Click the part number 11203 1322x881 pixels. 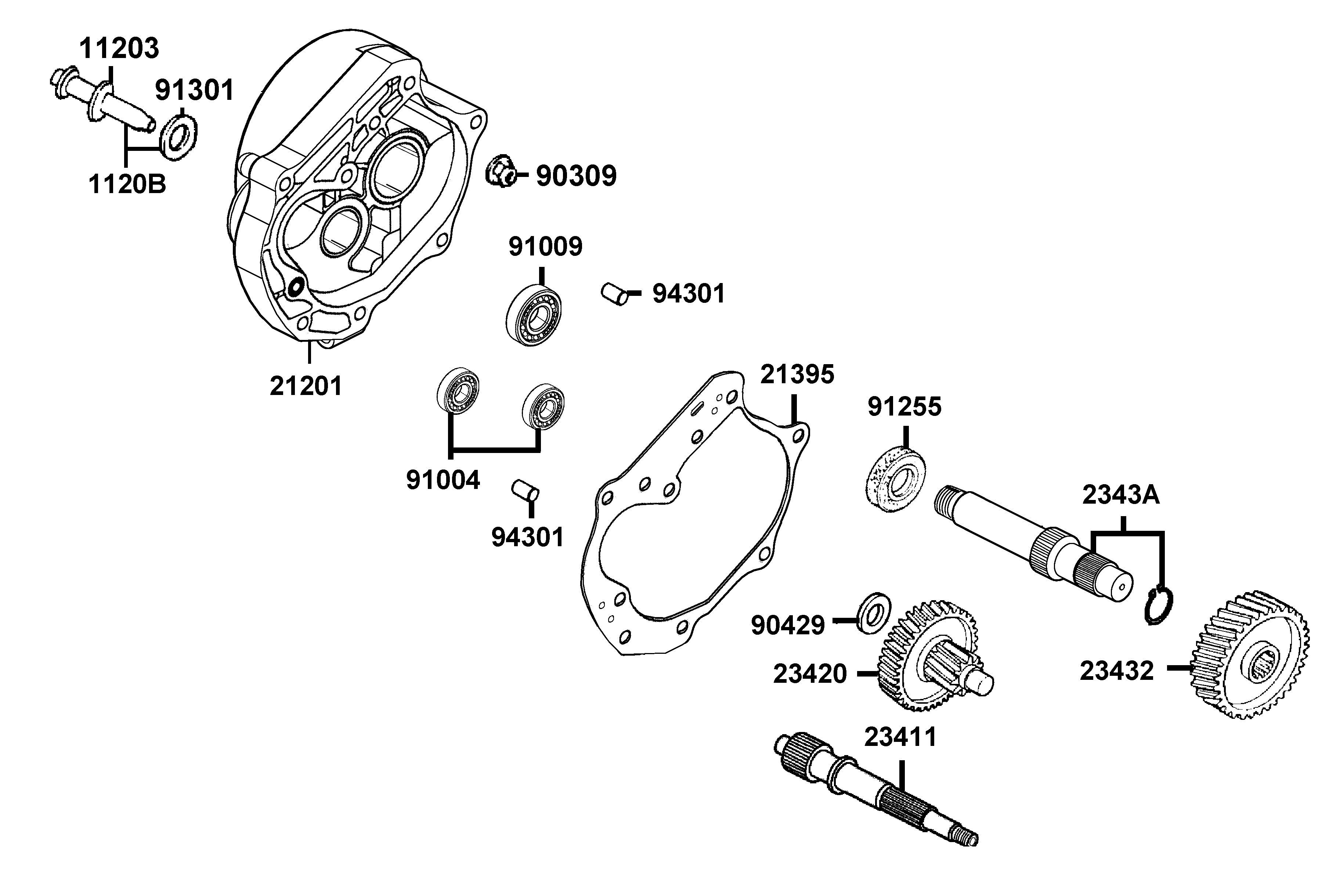click(x=119, y=49)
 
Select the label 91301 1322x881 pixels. click(x=195, y=90)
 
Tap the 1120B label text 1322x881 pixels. click(x=127, y=184)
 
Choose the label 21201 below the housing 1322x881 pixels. click(x=306, y=386)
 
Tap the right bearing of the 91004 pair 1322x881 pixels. click(x=543, y=406)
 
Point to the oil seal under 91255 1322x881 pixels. click(x=894, y=478)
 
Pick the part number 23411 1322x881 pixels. click(x=900, y=737)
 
